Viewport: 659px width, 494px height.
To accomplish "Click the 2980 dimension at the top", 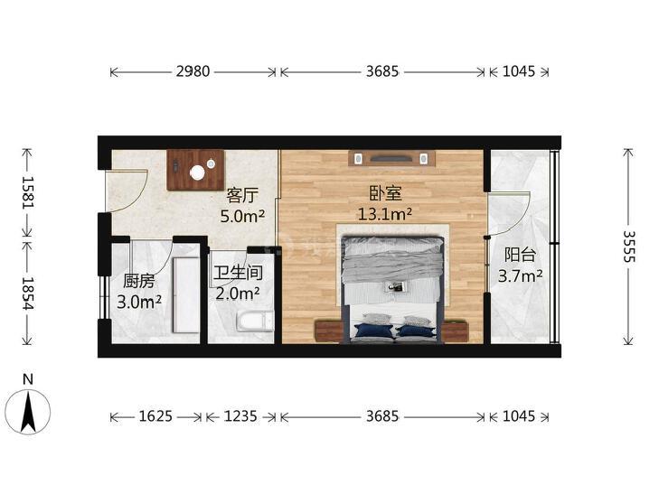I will pyautogui.click(x=193, y=71).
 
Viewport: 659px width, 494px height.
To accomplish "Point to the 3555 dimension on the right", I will pyautogui.click(x=629, y=245).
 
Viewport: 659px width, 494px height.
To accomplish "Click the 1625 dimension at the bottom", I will pyautogui.click(x=155, y=416).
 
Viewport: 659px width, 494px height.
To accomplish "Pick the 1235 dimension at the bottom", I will pyautogui.click(x=240, y=416).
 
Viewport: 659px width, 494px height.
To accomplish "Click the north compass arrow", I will pyautogui.click(x=29, y=411).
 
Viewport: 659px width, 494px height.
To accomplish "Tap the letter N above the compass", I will pyautogui.click(x=28, y=378).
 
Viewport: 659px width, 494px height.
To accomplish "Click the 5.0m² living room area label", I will pyautogui.click(x=242, y=216).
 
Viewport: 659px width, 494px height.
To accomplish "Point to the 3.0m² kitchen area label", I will pyautogui.click(x=141, y=302).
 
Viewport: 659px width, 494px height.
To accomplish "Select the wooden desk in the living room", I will pyautogui.click(x=195, y=169).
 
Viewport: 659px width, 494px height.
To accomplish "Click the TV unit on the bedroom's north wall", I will pyautogui.click(x=391, y=159).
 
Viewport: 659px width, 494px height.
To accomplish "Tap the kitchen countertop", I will pyautogui.click(x=187, y=289).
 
